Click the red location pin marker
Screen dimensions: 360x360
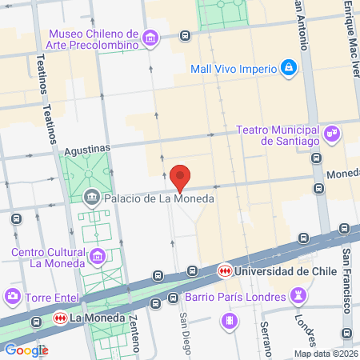pos(181,177)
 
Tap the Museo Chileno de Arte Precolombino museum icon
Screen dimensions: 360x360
pos(150,38)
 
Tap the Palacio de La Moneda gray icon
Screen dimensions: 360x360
pos(94,197)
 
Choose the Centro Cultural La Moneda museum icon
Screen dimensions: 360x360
pos(98,257)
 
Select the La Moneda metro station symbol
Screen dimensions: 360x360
pos(58,319)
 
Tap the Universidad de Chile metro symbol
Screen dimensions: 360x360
pos(226,271)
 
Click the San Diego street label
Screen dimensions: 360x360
pos(185,330)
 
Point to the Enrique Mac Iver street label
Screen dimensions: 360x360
pos(348,32)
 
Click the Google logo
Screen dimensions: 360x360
pos(26,350)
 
